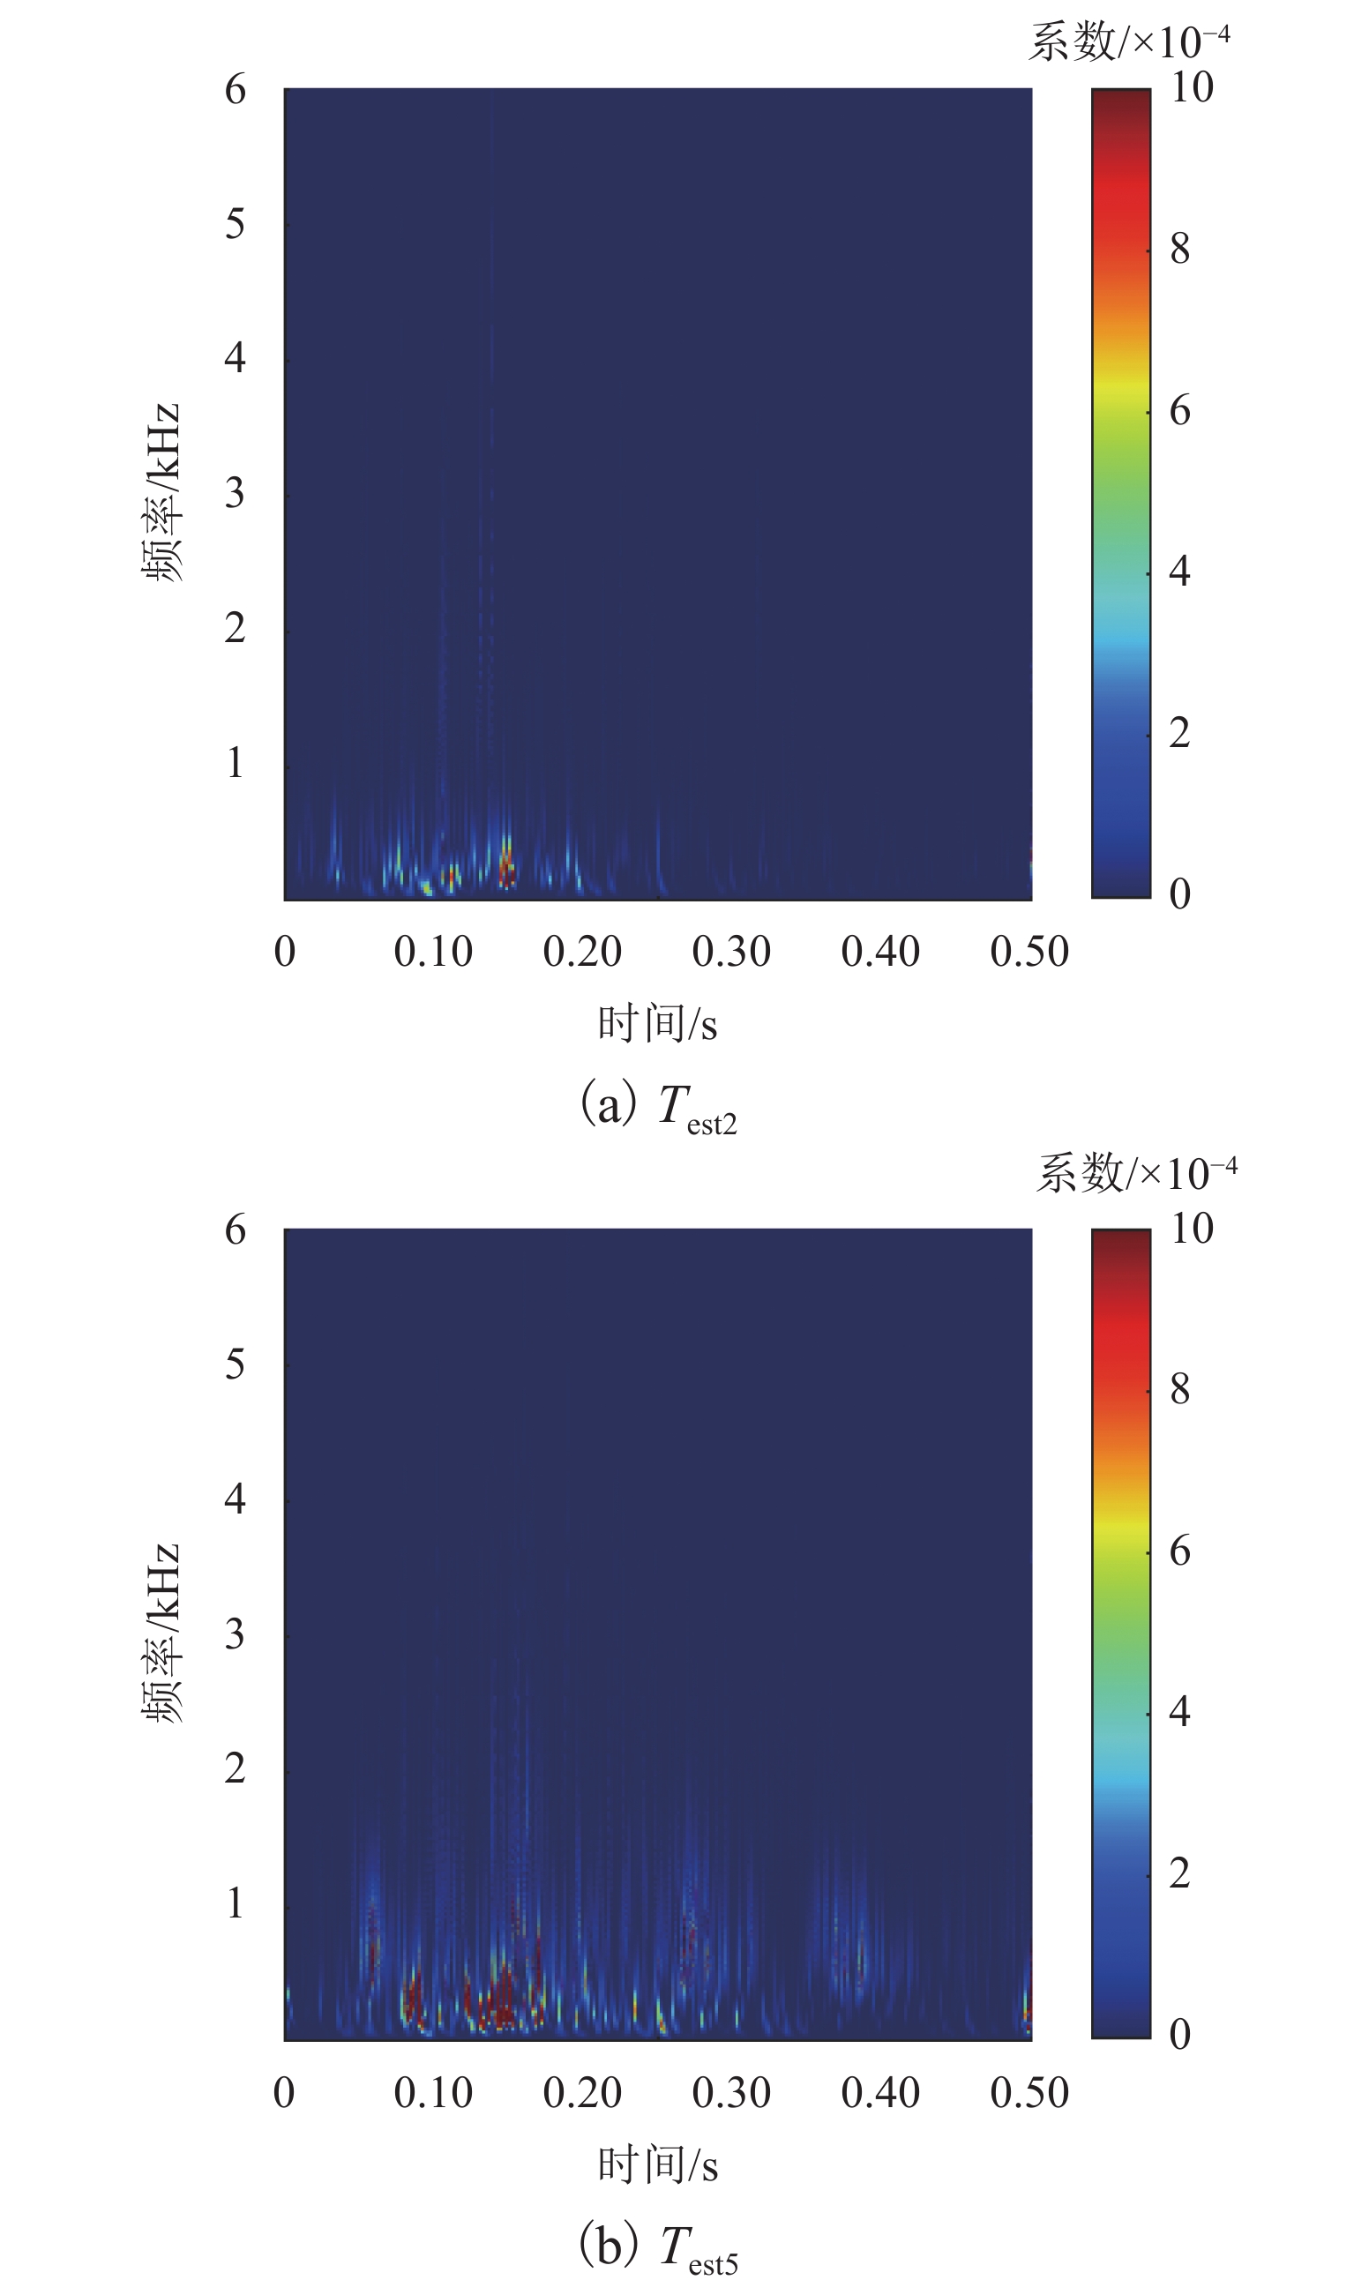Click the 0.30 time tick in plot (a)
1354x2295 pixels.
pos(731,953)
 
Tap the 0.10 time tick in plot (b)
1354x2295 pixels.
pos(433,2092)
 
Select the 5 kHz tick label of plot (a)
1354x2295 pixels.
pos(236,223)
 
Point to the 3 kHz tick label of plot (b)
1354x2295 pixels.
pos(236,1633)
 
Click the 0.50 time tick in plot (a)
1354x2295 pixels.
pos(1029,953)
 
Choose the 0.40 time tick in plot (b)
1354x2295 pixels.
pos(880,2092)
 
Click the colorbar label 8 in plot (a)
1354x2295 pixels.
pos(1179,249)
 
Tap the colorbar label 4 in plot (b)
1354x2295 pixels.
pos(1179,1711)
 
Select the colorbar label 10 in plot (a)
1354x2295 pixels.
pos(1192,88)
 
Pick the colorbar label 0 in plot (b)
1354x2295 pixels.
pos(1179,2034)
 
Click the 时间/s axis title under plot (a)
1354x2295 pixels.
pos(658,1024)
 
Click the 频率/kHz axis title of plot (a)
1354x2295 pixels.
pos(162,492)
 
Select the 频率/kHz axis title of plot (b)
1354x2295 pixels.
pos(162,1633)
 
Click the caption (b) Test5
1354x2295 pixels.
pos(659,2247)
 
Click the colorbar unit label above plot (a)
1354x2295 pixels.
pos(1130,42)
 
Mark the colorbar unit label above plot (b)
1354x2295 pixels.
pos(1137,1173)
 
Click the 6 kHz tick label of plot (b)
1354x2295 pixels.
pos(236,1230)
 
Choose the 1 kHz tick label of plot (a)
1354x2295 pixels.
pos(236,763)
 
